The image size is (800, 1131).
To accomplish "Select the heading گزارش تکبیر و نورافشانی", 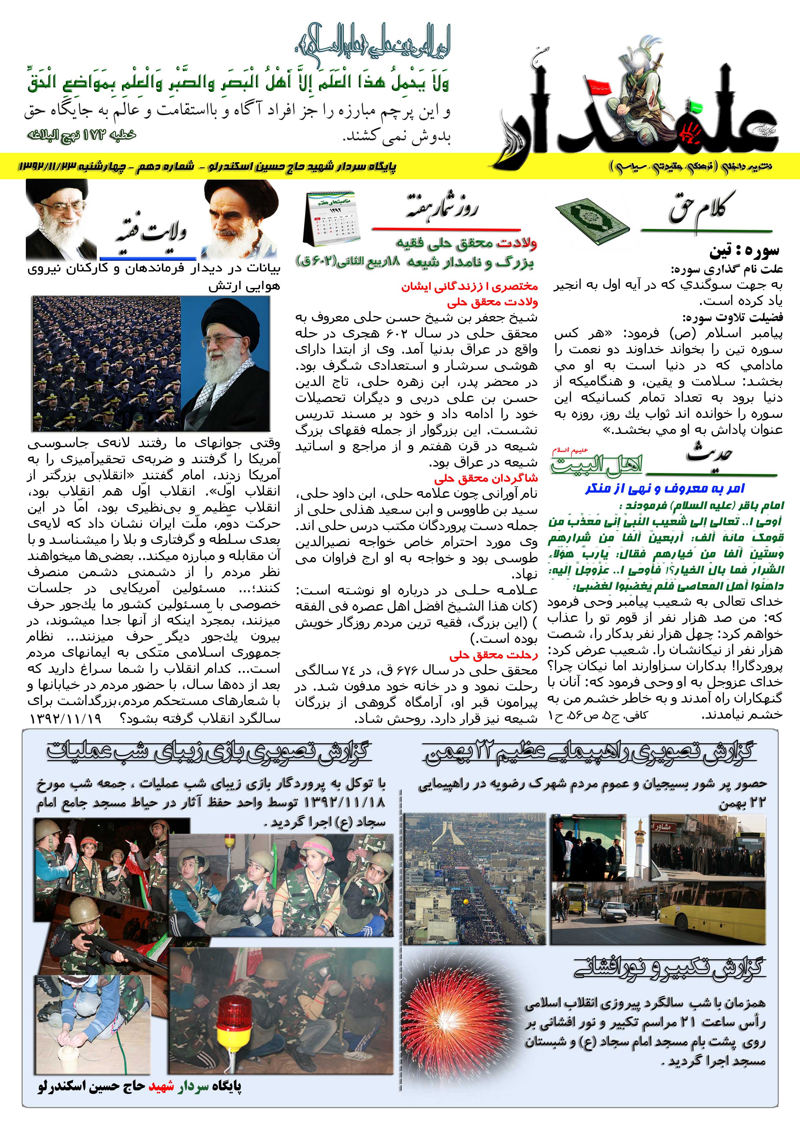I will (x=669, y=968).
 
